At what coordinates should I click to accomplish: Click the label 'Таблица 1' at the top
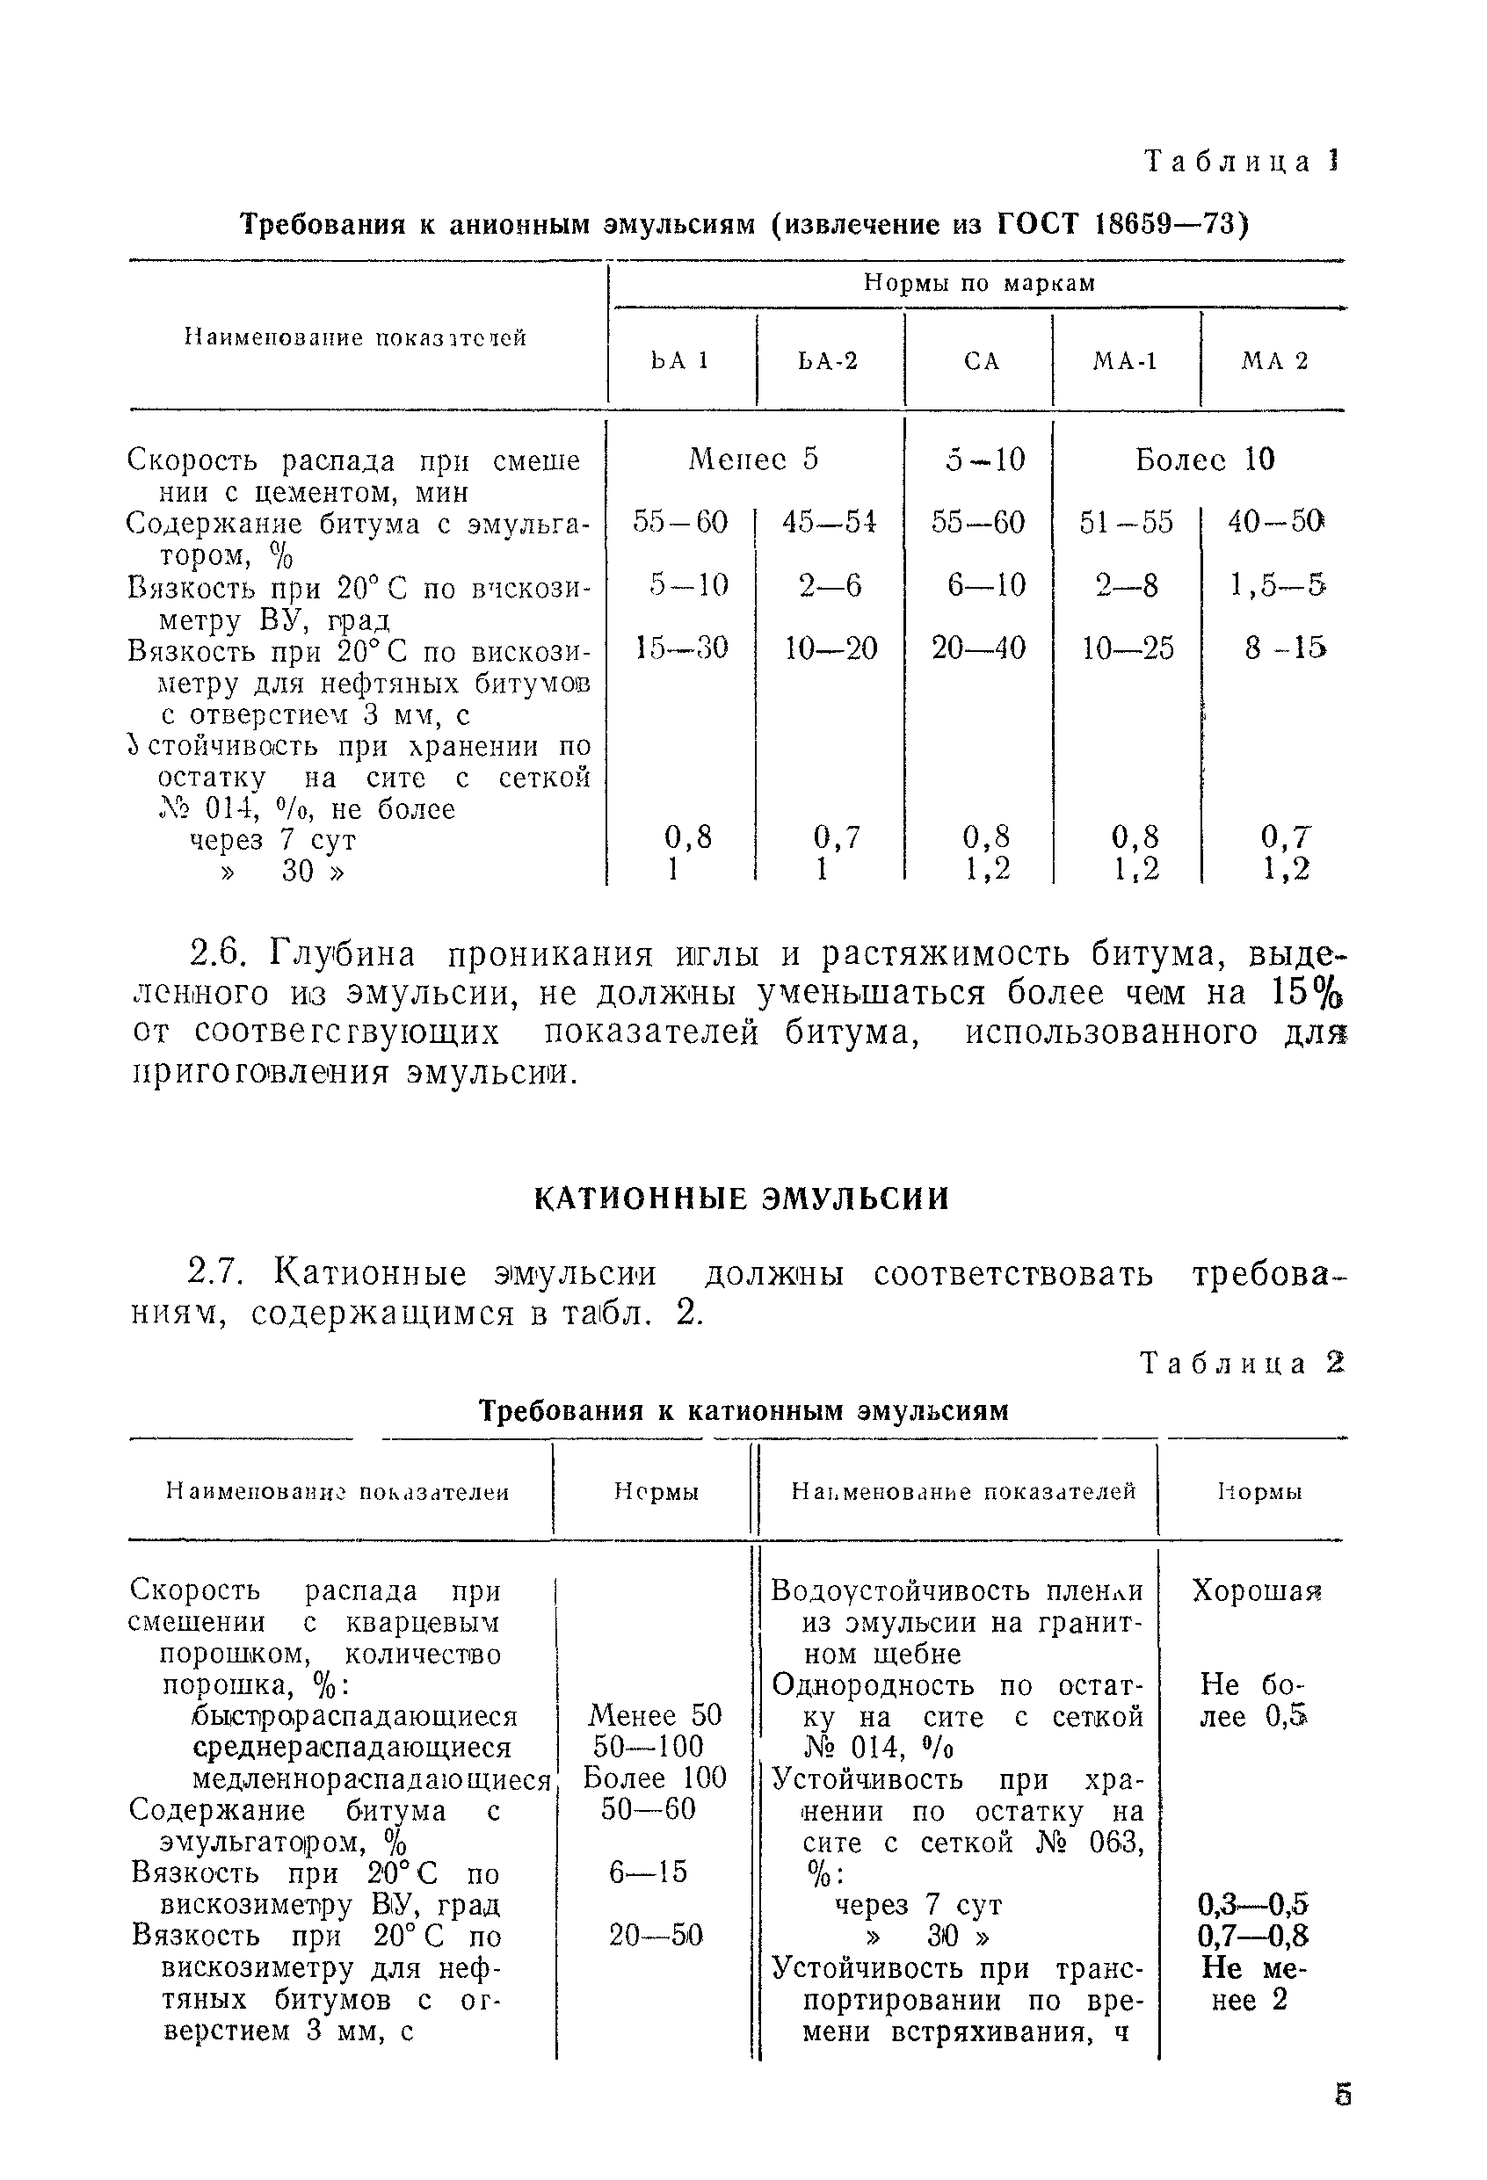click(x=1242, y=163)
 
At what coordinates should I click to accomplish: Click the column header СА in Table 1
click(x=982, y=361)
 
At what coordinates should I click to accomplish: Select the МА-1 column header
click(x=1126, y=361)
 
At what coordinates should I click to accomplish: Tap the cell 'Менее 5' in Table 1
click(x=753, y=459)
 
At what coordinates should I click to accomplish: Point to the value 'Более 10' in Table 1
click(x=1205, y=459)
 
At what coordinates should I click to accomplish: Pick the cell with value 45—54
click(x=831, y=522)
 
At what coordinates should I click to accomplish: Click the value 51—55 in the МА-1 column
click(x=1126, y=522)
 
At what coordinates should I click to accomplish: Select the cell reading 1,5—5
click(x=1277, y=585)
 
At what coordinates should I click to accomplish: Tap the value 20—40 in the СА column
click(x=978, y=648)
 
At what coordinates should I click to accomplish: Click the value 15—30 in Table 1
click(x=681, y=648)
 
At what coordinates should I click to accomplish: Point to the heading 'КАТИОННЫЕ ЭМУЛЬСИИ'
click(x=742, y=1199)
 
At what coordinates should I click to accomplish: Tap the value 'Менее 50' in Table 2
click(x=655, y=1714)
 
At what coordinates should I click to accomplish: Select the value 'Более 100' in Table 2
click(x=655, y=1778)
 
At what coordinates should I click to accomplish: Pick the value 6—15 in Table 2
click(x=649, y=1872)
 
